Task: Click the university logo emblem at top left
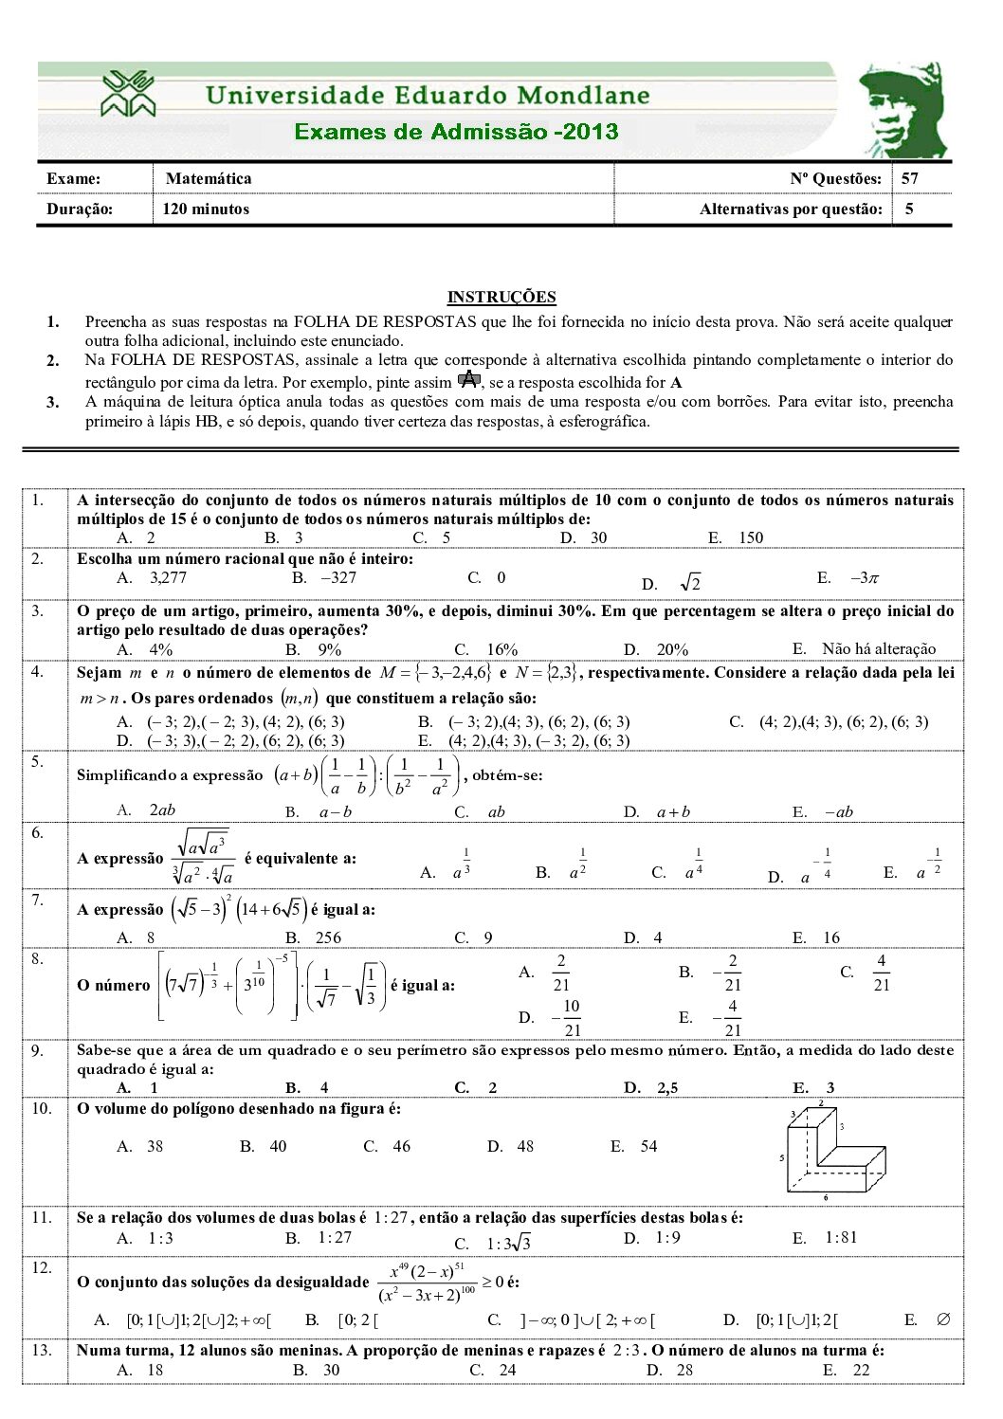(129, 94)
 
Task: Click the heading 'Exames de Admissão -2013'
(456, 132)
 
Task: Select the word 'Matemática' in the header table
(209, 178)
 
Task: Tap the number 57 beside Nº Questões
(910, 178)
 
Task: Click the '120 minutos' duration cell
(206, 209)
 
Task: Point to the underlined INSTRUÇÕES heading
(501, 297)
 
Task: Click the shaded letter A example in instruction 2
(467, 380)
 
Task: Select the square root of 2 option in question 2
(690, 583)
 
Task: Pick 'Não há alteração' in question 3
(878, 648)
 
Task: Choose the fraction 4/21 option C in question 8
(881, 973)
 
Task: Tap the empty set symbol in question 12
(942, 1319)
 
